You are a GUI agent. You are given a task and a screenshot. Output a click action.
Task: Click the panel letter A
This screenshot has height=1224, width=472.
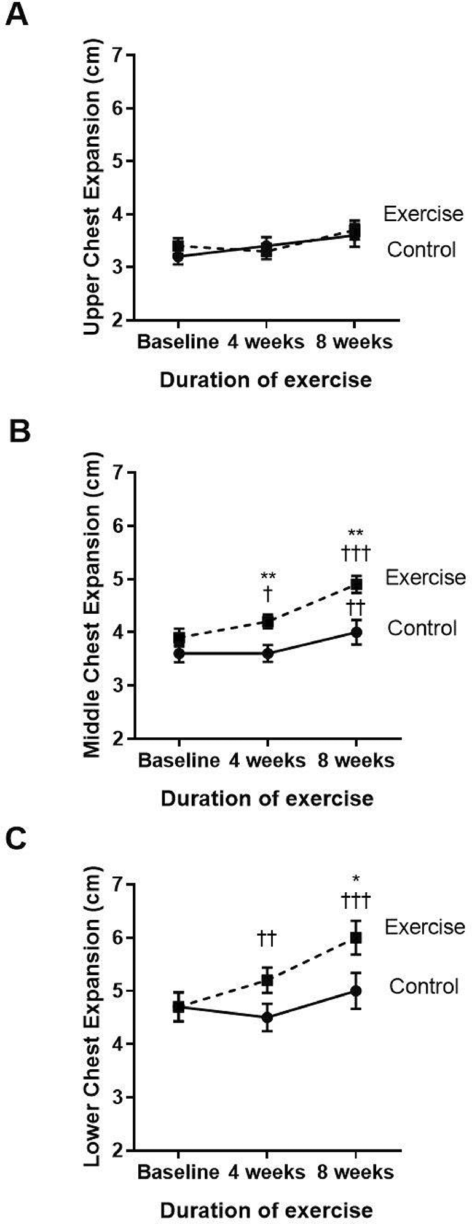[x=17, y=14]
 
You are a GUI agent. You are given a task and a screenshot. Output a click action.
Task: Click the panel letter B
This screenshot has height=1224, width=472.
[x=19, y=432]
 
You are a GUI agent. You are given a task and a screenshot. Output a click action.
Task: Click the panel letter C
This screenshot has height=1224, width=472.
[x=17, y=839]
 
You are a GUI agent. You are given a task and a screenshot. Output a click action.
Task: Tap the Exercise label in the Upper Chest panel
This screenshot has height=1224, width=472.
[x=423, y=214]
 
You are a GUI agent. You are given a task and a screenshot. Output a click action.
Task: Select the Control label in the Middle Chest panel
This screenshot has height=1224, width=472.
[x=422, y=628]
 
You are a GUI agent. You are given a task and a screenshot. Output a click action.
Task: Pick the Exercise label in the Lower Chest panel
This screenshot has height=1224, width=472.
[x=425, y=927]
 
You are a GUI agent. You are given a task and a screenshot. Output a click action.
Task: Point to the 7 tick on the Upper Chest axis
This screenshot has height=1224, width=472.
[x=119, y=55]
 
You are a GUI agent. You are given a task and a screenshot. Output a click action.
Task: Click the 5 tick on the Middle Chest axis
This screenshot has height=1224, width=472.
[x=119, y=579]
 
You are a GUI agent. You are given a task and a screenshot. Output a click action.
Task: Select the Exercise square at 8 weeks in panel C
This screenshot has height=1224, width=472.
[x=356, y=938]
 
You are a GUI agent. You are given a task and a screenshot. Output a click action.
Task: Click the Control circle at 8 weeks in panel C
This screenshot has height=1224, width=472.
[x=356, y=991]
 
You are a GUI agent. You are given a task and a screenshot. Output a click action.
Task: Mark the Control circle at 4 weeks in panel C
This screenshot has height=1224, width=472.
[x=267, y=1017]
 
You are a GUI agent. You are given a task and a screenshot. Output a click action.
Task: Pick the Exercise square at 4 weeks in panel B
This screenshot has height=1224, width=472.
[x=268, y=621]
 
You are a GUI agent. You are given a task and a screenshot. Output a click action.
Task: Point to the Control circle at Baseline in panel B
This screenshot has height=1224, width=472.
[x=179, y=653]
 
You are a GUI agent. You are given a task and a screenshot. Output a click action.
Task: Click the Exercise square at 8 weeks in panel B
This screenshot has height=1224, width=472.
[x=356, y=584]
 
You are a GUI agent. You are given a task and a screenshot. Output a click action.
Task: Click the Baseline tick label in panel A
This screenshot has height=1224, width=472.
[x=178, y=341]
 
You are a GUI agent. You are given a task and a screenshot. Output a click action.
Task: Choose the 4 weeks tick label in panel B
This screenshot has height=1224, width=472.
[x=267, y=761]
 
